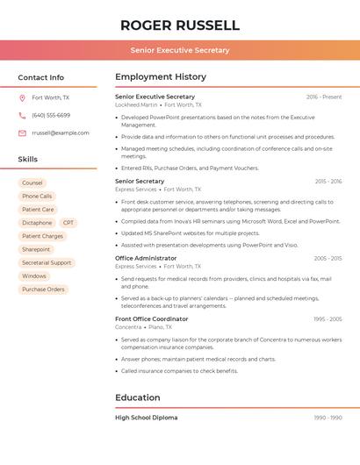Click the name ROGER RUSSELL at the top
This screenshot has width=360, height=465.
(180, 25)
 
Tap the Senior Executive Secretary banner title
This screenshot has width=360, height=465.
(180, 50)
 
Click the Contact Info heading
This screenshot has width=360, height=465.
(40, 77)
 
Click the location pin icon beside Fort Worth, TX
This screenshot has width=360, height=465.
(22, 98)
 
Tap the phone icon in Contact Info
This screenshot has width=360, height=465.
(22, 116)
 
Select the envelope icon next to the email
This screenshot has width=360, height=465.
(22, 133)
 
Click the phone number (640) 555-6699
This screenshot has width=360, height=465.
(51, 116)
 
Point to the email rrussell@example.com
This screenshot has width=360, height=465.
(61, 133)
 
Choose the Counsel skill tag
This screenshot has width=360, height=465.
(32, 182)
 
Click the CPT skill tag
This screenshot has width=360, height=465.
(68, 223)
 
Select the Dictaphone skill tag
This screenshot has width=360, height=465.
(37, 223)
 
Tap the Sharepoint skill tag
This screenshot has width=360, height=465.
(36, 249)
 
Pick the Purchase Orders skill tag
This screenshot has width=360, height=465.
(43, 289)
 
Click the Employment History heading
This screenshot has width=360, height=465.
(161, 77)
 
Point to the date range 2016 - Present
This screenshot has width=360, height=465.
(324, 97)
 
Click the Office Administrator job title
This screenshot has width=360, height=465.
(146, 259)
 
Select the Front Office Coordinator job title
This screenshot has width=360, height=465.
(152, 319)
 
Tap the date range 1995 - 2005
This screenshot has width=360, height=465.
(328, 319)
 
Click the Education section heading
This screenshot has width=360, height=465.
(138, 397)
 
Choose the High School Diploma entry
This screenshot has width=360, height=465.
(147, 418)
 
